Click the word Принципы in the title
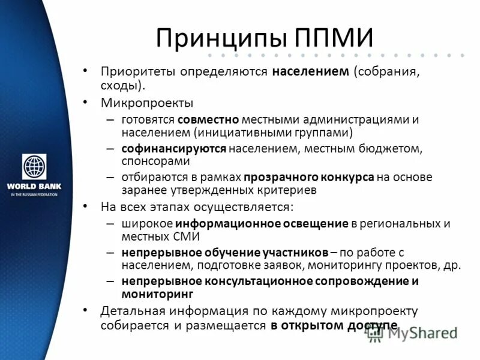(x=221, y=38)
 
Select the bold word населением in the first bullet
(x=310, y=72)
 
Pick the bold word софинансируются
(x=174, y=148)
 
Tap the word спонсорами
(x=155, y=161)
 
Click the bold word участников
(x=293, y=252)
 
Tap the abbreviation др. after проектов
(x=453, y=265)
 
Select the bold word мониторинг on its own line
(x=157, y=294)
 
